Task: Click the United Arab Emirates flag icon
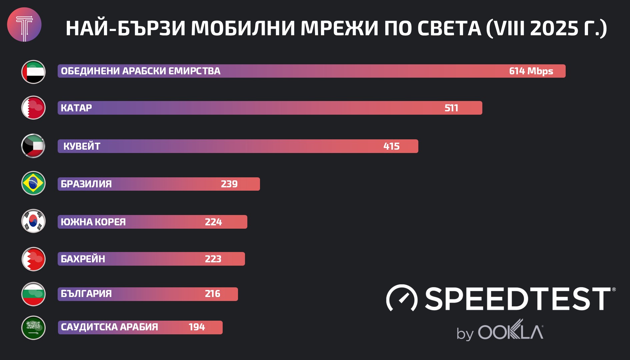pyautogui.click(x=33, y=72)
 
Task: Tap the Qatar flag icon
pyautogui.click(x=33, y=108)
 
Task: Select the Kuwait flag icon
pyautogui.click(x=33, y=146)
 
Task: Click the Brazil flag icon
pyautogui.click(x=33, y=183)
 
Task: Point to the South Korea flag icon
pyautogui.click(x=33, y=221)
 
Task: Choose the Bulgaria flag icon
pyautogui.click(x=33, y=294)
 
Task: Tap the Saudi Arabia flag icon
pyautogui.click(x=33, y=327)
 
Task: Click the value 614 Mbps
pyautogui.click(x=531, y=71)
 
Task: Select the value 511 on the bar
pyautogui.click(x=451, y=108)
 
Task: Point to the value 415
pyautogui.click(x=391, y=146)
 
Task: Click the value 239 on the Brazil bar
pyautogui.click(x=229, y=184)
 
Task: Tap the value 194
pyautogui.click(x=197, y=327)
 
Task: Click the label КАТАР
pyautogui.click(x=76, y=108)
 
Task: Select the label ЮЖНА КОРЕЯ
pyautogui.click(x=93, y=222)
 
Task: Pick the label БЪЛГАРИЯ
pyautogui.click(x=86, y=294)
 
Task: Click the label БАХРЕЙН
pyautogui.click(x=83, y=259)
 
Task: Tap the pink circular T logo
pyautogui.click(x=24, y=25)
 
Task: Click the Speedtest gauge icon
pyautogui.click(x=402, y=298)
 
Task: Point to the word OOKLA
pyautogui.click(x=511, y=331)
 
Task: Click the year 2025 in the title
pyautogui.click(x=554, y=28)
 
